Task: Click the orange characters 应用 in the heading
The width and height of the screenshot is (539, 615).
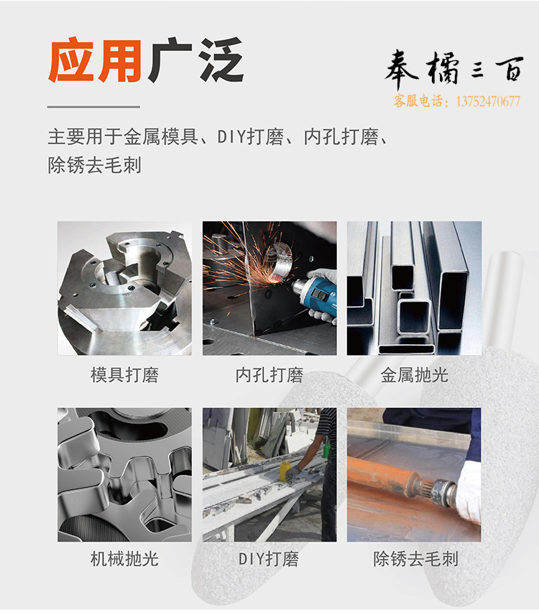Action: (95, 60)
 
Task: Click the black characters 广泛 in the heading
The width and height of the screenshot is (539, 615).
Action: (196, 60)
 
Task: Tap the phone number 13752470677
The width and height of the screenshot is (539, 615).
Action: (488, 101)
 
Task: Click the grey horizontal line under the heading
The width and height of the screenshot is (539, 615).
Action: (93, 106)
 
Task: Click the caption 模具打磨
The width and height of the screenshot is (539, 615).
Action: (125, 375)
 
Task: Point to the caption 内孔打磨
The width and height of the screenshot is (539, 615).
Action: (269, 375)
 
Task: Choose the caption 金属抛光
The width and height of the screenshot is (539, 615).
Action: (414, 375)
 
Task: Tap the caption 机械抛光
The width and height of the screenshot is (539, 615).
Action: (125, 559)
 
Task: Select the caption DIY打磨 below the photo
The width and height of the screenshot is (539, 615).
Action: (269, 559)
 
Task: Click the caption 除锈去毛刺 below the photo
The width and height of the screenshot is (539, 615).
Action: (415, 559)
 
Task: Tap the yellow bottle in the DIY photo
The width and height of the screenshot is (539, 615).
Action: (285, 470)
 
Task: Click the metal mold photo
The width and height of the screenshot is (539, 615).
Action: (125, 288)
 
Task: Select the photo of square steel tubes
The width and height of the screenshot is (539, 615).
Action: (414, 288)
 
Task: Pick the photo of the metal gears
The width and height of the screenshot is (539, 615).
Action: (125, 475)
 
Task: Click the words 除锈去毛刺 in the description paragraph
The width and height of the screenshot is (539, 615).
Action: (95, 165)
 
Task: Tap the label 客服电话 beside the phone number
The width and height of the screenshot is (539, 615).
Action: (418, 101)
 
